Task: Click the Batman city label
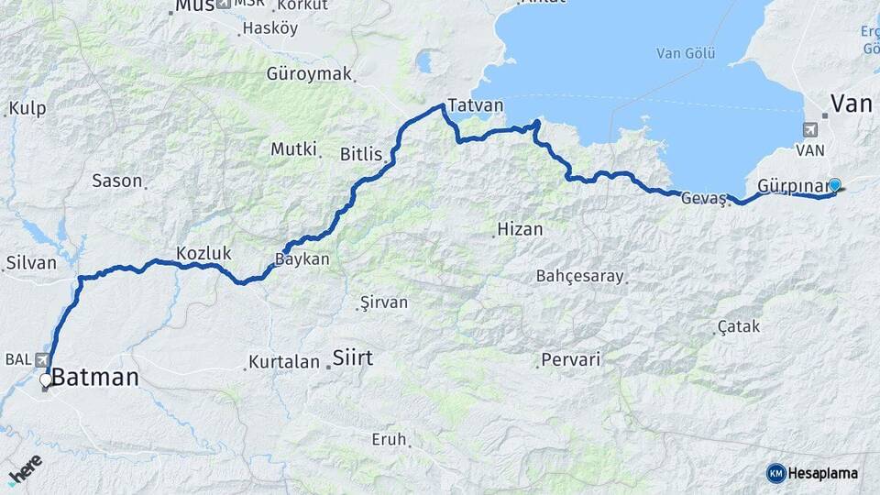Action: click(95, 376)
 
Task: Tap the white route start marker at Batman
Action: click(45, 379)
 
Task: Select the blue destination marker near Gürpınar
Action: click(834, 184)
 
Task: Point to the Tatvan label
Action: click(476, 104)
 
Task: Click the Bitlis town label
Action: click(360, 154)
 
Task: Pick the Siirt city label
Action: click(352, 357)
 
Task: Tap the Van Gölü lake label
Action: click(685, 53)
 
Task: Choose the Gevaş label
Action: click(704, 197)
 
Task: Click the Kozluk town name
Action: click(203, 254)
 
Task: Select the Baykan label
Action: click(302, 259)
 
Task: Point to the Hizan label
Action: click(520, 229)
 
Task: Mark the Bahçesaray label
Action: click(580, 276)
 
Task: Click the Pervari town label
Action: click(571, 359)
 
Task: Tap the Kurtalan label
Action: click(285, 362)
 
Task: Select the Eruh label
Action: click(389, 440)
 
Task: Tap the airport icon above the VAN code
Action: click(810, 129)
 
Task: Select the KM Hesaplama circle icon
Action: click(775, 473)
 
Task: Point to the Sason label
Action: click(116, 181)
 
